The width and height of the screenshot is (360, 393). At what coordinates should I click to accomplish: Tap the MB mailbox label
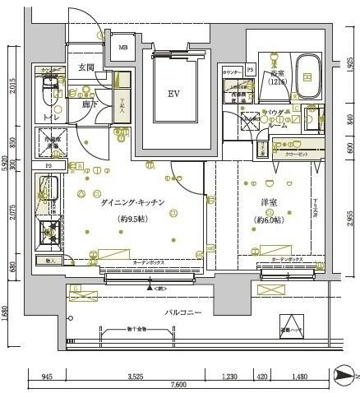(x=124, y=48)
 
